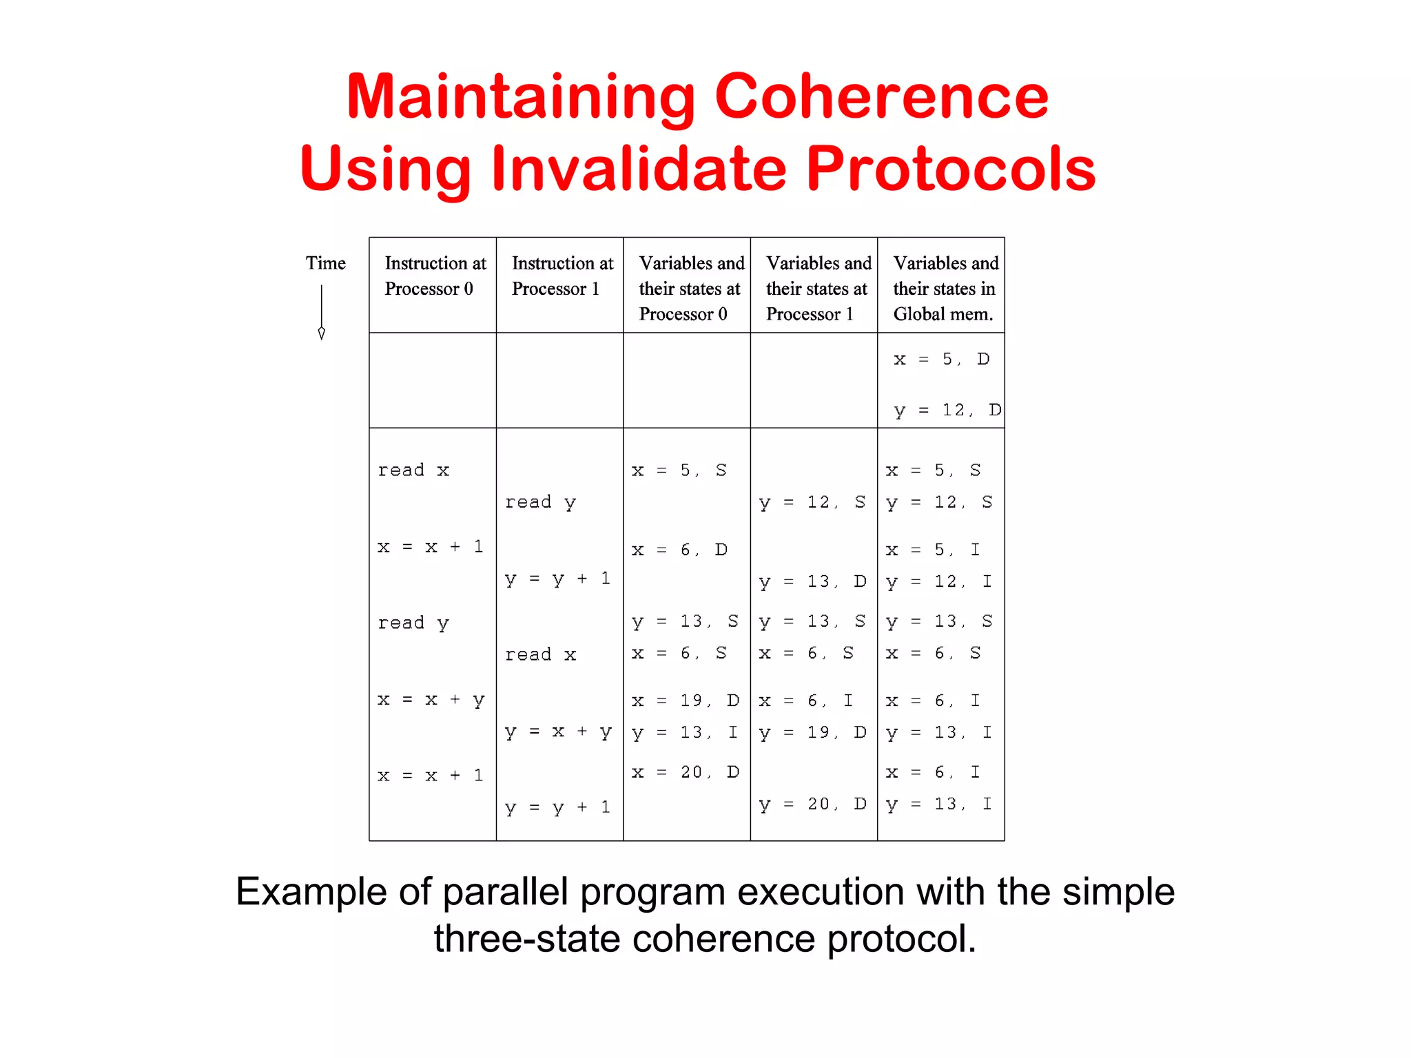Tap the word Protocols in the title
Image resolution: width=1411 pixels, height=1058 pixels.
(x=950, y=169)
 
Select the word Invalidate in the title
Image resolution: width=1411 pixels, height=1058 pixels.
(x=638, y=169)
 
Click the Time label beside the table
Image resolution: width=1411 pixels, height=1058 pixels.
(x=325, y=263)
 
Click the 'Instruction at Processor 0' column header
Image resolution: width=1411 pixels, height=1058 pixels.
(x=434, y=276)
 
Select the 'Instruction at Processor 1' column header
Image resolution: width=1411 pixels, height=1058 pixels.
(x=562, y=276)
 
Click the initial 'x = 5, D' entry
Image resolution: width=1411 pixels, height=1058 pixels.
(x=940, y=359)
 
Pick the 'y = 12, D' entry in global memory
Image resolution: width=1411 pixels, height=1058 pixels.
(x=947, y=411)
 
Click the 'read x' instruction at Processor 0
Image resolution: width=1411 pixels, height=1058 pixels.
(x=413, y=470)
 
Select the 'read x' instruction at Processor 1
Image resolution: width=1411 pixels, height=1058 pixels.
(x=540, y=654)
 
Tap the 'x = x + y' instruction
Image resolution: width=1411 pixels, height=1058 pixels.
(x=431, y=700)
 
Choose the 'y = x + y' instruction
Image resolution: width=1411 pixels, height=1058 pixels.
(x=558, y=732)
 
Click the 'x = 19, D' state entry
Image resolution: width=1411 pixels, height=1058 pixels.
(x=685, y=701)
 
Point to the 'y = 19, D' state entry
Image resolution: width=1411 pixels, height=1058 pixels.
(x=812, y=732)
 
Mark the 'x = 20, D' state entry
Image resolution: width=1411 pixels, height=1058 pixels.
(x=685, y=772)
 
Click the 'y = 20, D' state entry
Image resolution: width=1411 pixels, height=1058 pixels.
(x=812, y=804)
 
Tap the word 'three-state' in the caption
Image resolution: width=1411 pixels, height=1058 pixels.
(x=526, y=939)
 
